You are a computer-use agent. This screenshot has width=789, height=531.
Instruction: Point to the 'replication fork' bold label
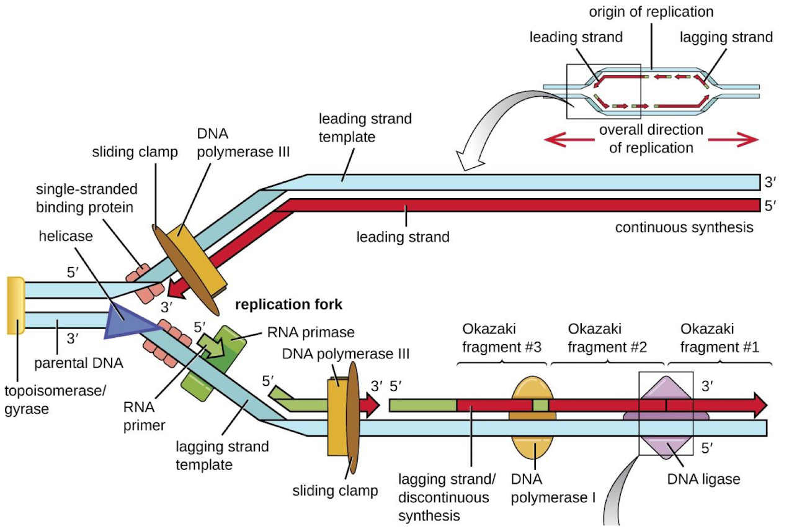pyautogui.click(x=288, y=306)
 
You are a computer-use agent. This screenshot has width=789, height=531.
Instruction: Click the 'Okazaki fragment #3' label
pyautogui.click(x=489, y=337)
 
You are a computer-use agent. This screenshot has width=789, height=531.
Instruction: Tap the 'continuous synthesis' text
pyautogui.click(x=684, y=227)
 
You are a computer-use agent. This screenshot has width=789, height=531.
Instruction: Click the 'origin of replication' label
pyautogui.click(x=651, y=12)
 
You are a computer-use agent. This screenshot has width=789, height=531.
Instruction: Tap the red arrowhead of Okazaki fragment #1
pyautogui.click(x=759, y=404)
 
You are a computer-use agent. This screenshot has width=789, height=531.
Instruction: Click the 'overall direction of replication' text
pyautogui.click(x=651, y=139)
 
